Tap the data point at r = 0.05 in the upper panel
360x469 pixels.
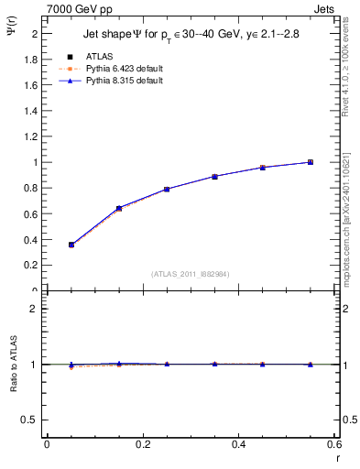[71, 245]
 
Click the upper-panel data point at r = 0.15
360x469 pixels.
[119, 208]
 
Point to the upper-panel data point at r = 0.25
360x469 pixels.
[167, 189]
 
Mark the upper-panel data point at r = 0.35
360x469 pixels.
[214, 176]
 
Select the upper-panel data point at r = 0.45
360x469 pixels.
[262, 168]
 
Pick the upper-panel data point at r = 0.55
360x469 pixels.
[310, 162]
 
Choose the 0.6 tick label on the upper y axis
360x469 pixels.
[30, 213]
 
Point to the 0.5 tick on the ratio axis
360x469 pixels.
[30, 420]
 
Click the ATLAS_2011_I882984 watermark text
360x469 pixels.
[191, 274]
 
